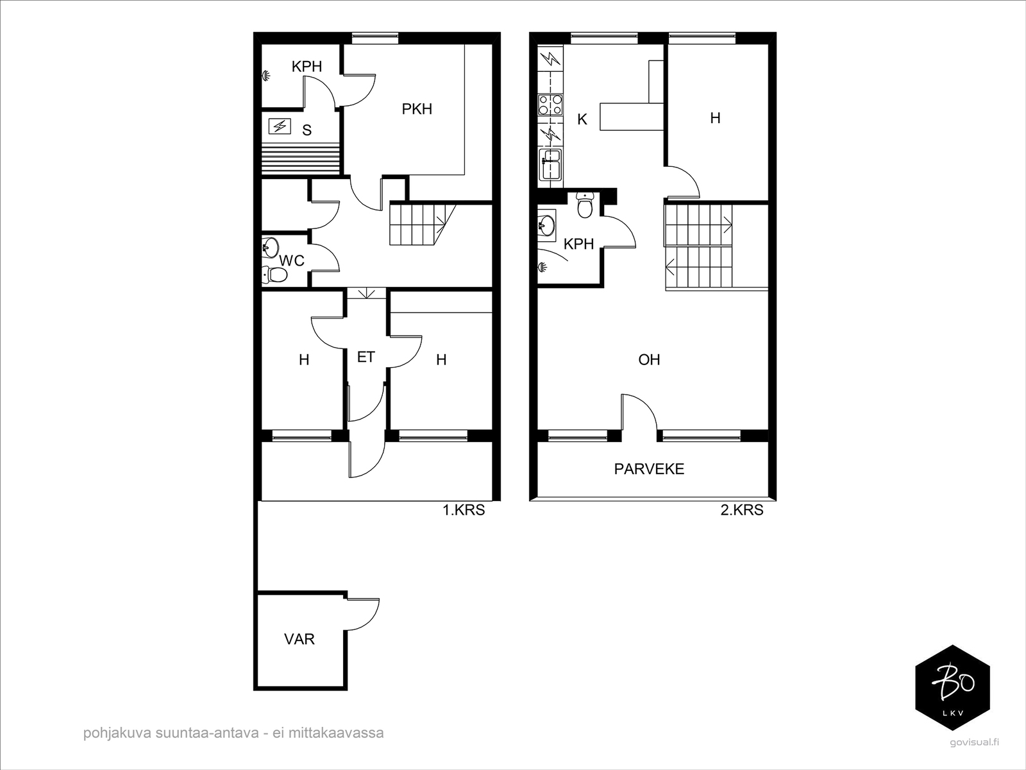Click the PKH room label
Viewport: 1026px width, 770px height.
coord(417,109)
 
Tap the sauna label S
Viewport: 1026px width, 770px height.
coord(307,130)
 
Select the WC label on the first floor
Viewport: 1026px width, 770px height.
coord(292,261)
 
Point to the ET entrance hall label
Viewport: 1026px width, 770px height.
coord(366,357)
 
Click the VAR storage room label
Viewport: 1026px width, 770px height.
coord(299,639)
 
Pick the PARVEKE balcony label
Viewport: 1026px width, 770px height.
coord(649,469)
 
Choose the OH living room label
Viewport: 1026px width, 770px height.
coord(649,359)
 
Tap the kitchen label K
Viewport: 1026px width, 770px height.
coord(582,120)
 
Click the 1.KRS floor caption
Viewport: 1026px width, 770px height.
coord(464,510)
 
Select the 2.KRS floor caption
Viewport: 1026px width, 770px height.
coord(742,510)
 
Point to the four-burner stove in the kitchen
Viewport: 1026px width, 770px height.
coord(550,105)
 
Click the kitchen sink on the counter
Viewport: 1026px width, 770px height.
coord(550,164)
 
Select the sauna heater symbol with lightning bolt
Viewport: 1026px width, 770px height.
coord(280,126)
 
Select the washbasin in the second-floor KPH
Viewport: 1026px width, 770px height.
coord(546,227)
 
